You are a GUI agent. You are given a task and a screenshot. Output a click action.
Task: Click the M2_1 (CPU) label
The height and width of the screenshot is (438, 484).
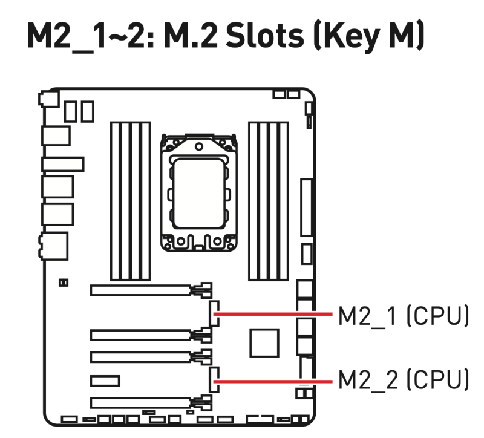pyautogui.click(x=403, y=316)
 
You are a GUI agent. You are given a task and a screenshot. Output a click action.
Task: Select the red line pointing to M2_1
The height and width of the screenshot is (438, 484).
pyautogui.click(x=275, y=315)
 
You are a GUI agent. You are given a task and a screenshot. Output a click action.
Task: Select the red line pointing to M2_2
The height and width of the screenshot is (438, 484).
pyautogui.click(x=275, y=381)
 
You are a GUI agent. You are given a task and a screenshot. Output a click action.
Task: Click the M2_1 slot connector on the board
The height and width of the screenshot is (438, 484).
pyautogui.click(x=214, y=314)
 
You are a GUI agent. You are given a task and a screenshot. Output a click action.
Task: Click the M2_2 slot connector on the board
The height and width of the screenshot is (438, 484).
pyautogui.click(x=214, y=380)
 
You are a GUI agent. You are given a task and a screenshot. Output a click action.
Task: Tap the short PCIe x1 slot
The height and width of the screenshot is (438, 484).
pyautogui.click(x=105, y=381)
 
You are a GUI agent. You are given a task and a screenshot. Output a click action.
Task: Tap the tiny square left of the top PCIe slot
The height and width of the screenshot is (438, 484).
pyautogui.click(x=64, y=282)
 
